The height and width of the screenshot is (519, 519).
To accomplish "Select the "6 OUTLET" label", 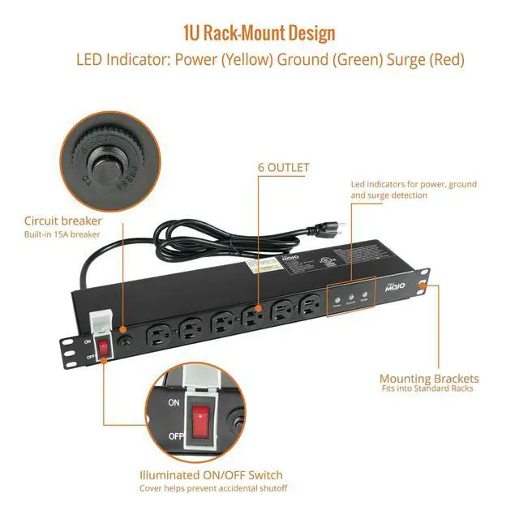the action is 283,168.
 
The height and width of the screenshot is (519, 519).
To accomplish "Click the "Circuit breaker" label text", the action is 63,221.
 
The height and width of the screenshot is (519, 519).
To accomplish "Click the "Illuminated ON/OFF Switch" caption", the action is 211,474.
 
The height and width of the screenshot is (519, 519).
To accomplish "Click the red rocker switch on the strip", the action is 103,348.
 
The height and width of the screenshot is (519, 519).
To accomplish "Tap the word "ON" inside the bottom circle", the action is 174,402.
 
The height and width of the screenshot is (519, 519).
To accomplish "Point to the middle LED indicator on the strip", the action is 351,298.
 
